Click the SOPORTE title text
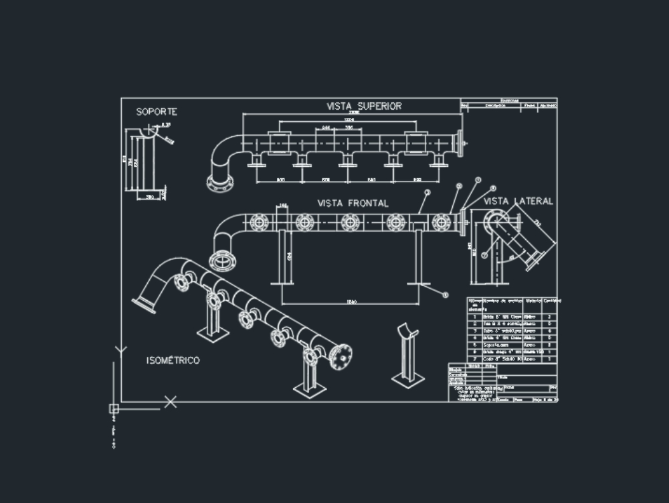click(157, 112)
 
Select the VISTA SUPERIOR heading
click(364, 106)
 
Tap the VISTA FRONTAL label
click(353, 203)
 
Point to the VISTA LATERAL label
click(518, 201)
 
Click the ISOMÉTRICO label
click(173, 360)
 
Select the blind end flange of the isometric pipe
click(341, 356)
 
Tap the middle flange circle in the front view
click(350, 222)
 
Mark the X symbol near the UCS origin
click(171, 402)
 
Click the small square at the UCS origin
click(114, 408)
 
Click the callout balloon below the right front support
click(444, 294)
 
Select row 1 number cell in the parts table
click(474, 315)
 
